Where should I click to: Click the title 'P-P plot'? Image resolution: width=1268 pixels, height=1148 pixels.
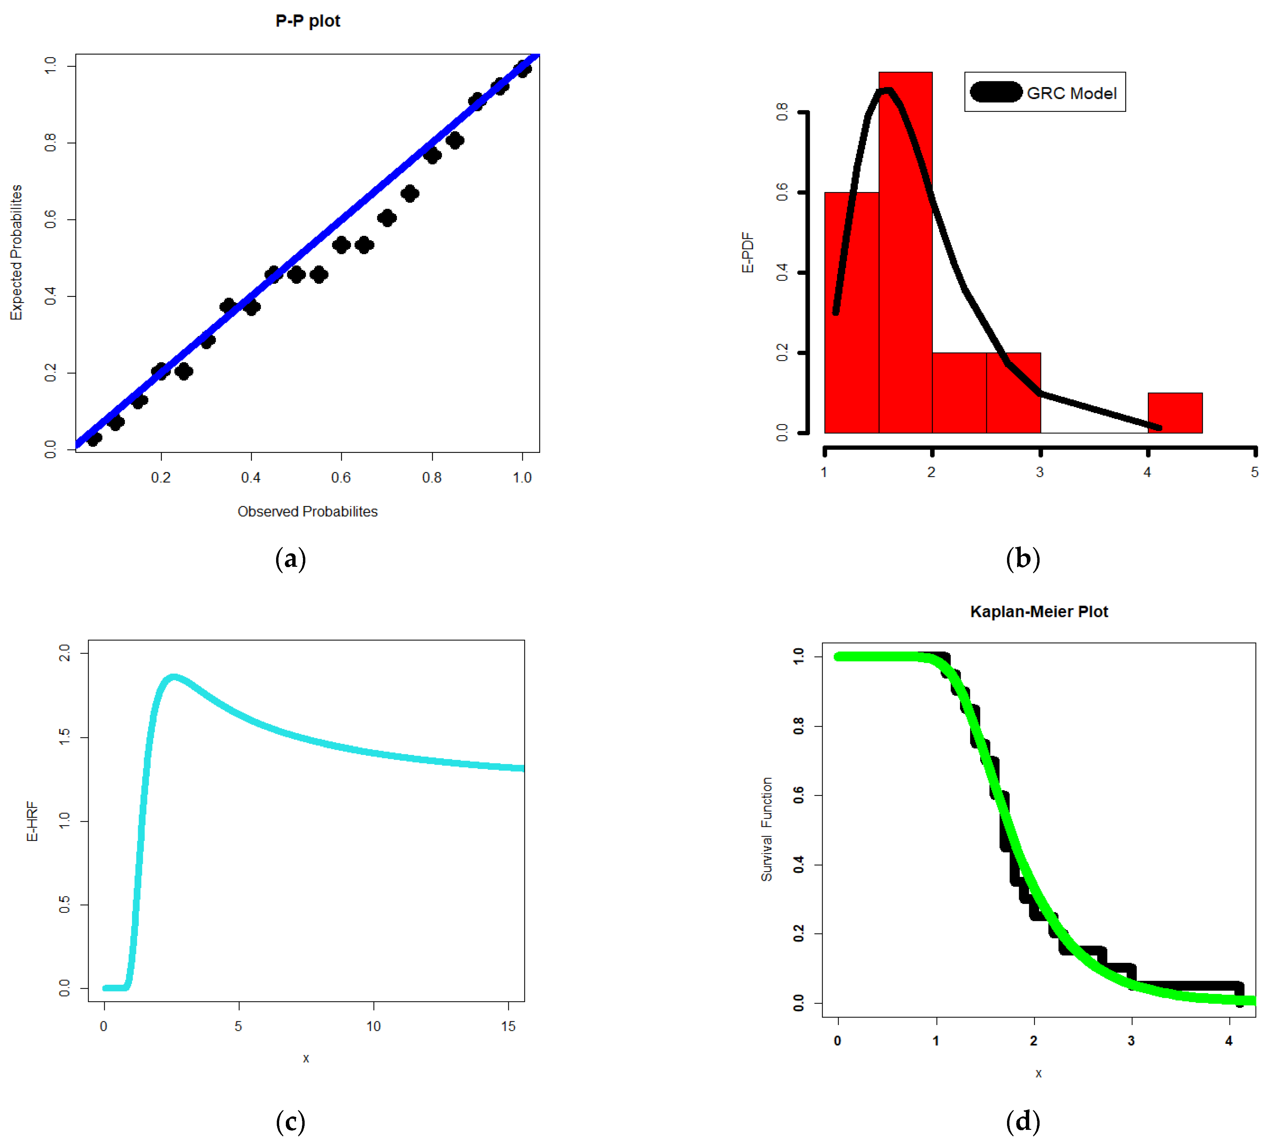[308, 21]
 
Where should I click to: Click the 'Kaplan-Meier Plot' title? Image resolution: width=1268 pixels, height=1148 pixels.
[1039, 611]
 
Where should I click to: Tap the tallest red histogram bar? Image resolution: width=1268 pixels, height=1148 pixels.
[905, 252]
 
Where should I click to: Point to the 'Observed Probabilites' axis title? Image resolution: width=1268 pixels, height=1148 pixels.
[308, 511]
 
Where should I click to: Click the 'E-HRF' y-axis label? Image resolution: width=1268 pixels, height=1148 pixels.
[32, 821]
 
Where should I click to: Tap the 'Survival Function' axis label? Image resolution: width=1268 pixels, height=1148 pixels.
[766, 829]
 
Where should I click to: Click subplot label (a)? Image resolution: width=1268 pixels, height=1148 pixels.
[291, 559]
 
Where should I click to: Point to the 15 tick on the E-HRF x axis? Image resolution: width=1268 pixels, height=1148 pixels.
[508, 1026]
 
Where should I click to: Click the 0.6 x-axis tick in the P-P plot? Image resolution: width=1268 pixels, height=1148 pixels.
[341, 477]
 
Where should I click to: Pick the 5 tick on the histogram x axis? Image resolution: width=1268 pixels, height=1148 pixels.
[1254, 472]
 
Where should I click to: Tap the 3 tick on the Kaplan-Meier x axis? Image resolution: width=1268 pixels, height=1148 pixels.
[1131, 1040]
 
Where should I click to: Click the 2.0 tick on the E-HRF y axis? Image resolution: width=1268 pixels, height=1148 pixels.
[64, 652]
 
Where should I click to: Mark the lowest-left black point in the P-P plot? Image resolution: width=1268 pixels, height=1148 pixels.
[94, 438]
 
